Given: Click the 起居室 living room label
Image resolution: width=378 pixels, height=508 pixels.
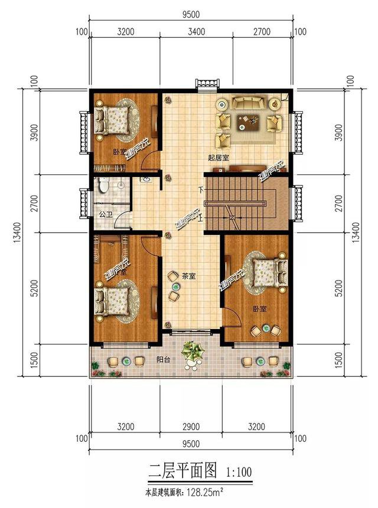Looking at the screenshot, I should pos(219,157).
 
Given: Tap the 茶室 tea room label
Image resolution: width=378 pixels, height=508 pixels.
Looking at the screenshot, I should pos(189,275).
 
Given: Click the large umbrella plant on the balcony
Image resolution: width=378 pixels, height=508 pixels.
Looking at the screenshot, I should pos(193,353).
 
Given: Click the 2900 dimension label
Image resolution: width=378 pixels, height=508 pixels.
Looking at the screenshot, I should pos(192,426).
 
